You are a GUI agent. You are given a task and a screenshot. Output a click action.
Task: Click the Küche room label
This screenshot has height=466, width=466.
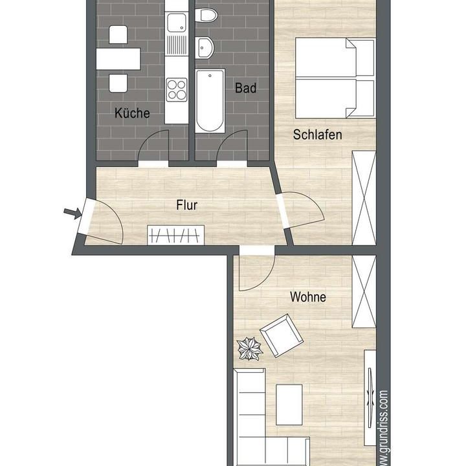click(132, 113)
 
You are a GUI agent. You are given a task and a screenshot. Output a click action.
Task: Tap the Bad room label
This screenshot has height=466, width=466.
click(245, 88)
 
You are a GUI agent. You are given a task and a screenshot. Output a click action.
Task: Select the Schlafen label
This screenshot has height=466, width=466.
click(317, 135)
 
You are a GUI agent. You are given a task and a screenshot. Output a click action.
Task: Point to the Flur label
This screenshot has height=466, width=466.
click(186, 206)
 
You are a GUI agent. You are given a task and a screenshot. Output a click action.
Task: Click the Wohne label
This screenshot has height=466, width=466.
click(308, 298)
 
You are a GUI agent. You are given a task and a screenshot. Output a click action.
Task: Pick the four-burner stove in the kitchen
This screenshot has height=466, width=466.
click(176, 89)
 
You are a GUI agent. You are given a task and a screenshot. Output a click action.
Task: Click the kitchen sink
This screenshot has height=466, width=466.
click(176, 26)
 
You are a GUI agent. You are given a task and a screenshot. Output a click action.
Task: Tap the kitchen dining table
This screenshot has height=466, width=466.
click(118, 59)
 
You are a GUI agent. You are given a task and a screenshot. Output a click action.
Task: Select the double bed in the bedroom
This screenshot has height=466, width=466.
click(334, 78)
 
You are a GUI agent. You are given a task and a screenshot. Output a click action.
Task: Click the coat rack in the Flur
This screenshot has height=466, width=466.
click(175, 234)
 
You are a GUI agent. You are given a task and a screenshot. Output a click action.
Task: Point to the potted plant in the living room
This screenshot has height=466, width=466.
click(250, 349)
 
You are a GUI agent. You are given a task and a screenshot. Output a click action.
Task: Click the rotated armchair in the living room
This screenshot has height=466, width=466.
click(282, 335)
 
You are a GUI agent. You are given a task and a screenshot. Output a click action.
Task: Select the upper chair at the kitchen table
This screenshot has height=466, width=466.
click(118, 34)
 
